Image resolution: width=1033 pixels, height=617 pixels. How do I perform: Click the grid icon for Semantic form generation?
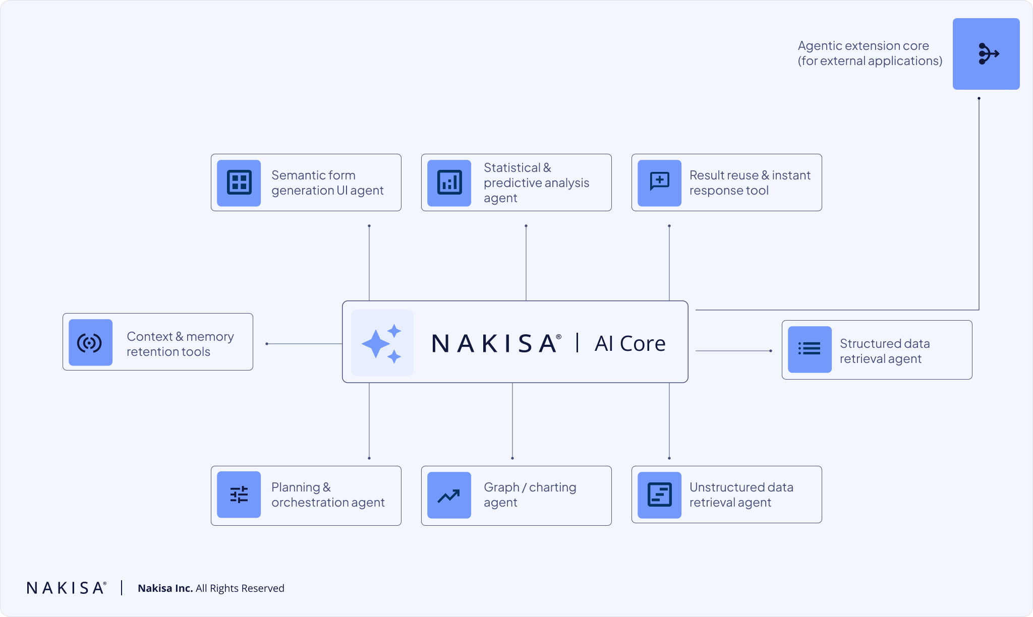(x=239, y=182)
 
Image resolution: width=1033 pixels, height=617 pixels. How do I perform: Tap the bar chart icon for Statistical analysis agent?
(x=449, y=182)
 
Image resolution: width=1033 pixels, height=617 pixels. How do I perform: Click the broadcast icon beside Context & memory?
(x=90, y=343)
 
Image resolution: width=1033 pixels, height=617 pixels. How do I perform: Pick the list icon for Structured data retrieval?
(x=810, y=349)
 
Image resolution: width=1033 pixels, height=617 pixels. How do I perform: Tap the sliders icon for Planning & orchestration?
(x=239, y=495)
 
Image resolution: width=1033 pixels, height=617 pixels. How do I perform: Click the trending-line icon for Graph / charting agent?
(x=449, y=496)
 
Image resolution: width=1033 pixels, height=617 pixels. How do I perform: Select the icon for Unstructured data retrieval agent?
(x=659, y=495)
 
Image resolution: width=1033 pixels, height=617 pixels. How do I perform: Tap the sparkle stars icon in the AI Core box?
(x=382, y=343)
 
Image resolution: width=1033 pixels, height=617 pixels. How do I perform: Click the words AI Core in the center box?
(x=630, y=344)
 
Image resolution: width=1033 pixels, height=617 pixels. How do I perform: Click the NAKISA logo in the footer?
(x=66, y=588)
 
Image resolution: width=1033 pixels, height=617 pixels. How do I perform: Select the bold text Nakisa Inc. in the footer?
(x=165, y=588)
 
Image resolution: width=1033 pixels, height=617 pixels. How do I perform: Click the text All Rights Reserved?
(x=240, y=588)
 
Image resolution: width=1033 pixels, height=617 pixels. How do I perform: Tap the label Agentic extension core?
(x=863, y=46)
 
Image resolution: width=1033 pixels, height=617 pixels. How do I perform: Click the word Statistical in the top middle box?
(x=511, y=167)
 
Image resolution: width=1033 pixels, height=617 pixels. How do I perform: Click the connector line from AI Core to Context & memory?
(x=305, y=344)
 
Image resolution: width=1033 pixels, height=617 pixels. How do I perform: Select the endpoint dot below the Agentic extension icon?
(x=979, y=98)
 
